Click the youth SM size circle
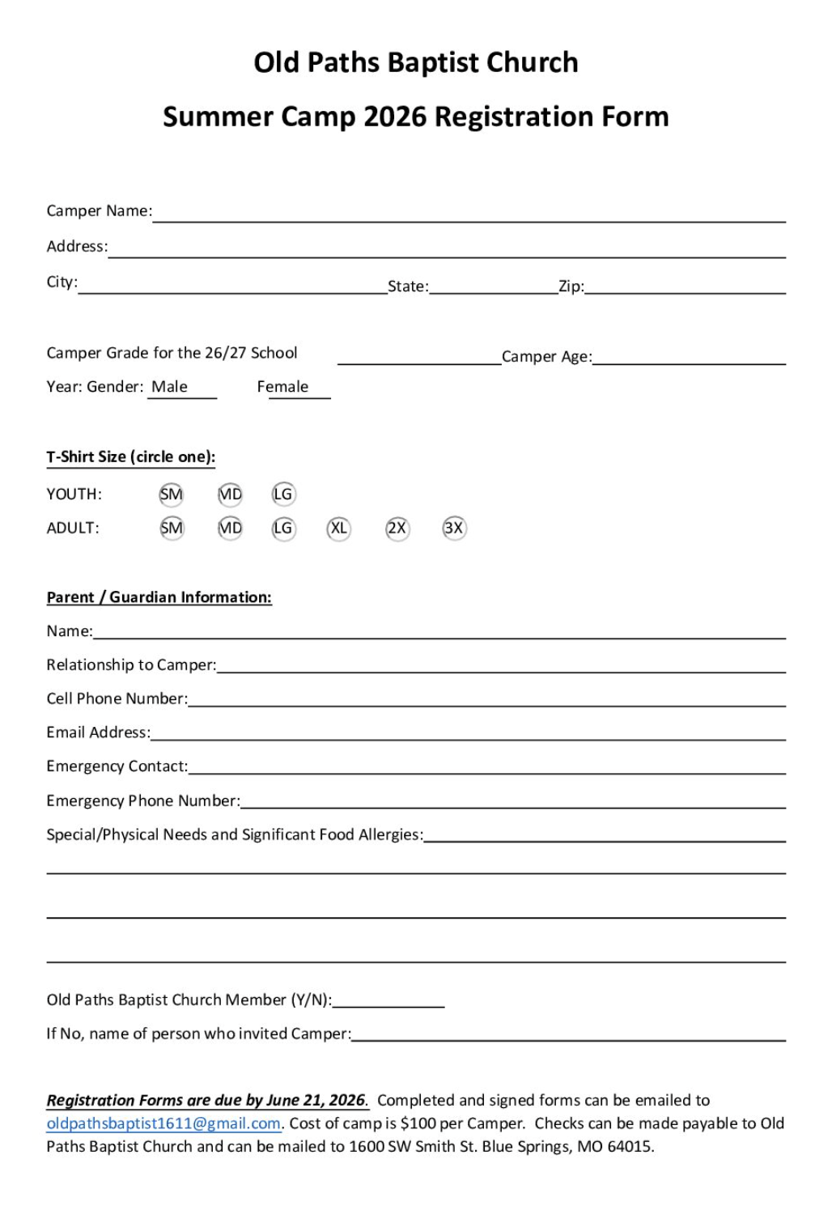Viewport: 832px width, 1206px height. (172, 495)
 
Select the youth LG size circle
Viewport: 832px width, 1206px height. (283, 495)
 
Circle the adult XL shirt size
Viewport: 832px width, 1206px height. (338, 529)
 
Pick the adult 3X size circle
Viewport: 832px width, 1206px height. (454, 529)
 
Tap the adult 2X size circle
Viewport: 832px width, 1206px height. (397, 529)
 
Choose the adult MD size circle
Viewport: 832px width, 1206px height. (231, 529)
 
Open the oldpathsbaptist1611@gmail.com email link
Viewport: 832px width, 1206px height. (163, 1123)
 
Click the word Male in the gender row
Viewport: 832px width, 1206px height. (169, 387)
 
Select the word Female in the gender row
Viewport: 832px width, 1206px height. (282, 387)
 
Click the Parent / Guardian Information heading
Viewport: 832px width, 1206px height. (159, 597)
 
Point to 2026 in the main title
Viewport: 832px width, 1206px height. (394, 117)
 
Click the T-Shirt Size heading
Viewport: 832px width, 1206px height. (130, 456)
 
